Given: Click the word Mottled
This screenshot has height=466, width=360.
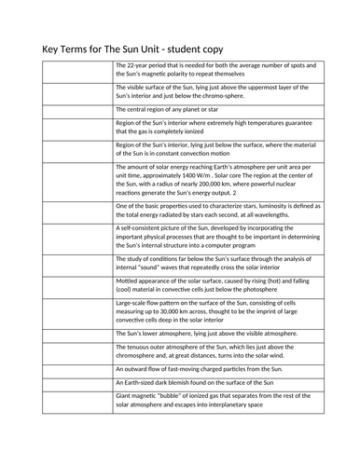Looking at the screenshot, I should (x=129, y=281).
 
